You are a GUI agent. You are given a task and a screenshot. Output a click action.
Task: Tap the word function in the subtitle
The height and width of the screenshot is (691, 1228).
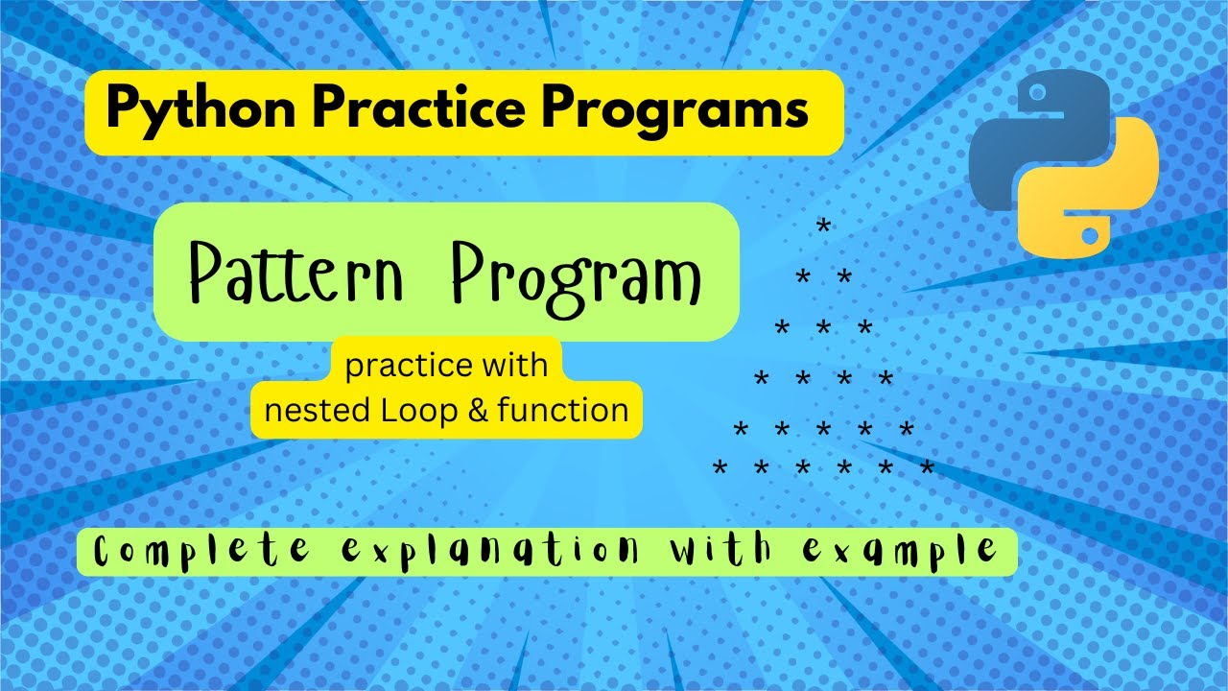563,411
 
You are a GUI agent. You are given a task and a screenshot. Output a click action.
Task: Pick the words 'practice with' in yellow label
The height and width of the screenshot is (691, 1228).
446,366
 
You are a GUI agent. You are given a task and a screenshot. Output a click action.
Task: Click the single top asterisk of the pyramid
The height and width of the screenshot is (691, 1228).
822,227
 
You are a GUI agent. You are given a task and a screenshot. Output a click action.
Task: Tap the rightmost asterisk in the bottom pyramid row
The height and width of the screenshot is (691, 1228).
927,468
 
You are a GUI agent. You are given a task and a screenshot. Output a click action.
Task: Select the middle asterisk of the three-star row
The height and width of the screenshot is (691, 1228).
823,328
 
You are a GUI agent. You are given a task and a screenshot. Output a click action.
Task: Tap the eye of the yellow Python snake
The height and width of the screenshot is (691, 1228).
1090,232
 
